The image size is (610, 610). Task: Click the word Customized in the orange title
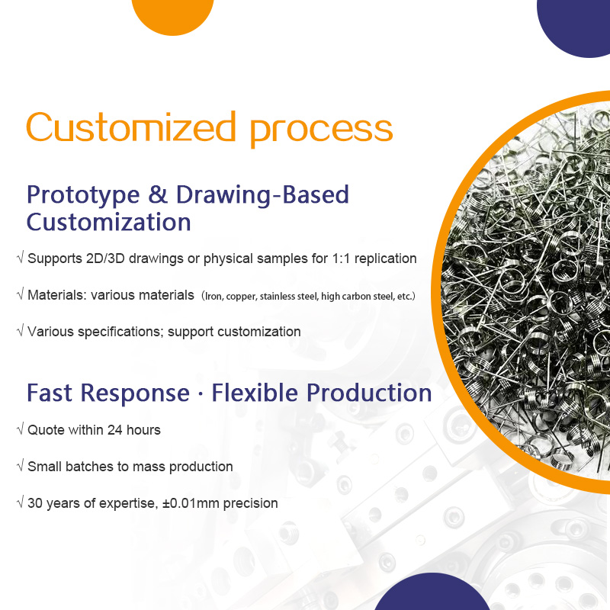pyautogui.click(x=131, y=127)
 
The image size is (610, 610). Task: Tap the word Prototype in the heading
pyautogui.click(x=83, y=196)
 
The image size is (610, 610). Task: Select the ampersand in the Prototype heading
pyautogui.click(x=158, y=194)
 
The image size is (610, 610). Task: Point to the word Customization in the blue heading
pyautogui.click(x=108, y=222)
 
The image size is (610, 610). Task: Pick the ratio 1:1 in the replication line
pyautogui.click(x=341, y=258)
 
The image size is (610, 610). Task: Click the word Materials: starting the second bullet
pyautogui.click(x=57, y=295)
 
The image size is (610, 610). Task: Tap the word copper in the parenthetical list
pyautogui.click(x=241, y=297)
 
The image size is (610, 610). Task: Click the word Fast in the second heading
pyautogui.click(x=50, y=393)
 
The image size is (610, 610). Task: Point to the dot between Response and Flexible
pyautogui.click(x=201, y=394)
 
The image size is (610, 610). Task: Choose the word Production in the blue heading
pyautogui.click(x=369, y=393)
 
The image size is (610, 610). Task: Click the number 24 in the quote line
pyautogui.click(x=115, y=430)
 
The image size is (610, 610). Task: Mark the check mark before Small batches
pyautogui.click(x=21, y=465)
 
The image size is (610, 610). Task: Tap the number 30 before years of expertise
pyautogui.click(x=35, y=503)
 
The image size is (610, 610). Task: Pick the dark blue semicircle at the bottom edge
pyautogui.click(x=432, y=592)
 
